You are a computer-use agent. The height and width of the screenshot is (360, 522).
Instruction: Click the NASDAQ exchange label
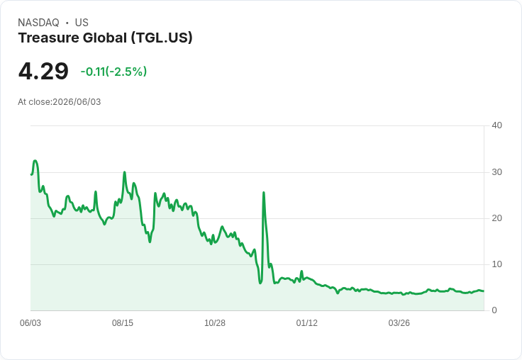point(38,23)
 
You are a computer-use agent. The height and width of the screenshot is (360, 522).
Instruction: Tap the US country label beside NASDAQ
point(82,23)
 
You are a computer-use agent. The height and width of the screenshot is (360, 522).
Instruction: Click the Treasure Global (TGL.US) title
point(105,38)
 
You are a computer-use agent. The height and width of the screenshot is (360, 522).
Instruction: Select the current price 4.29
point(43,71)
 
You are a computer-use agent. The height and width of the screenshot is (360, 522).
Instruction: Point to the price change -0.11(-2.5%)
point(113,72)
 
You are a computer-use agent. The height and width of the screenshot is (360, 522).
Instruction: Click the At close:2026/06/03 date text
point(60,102)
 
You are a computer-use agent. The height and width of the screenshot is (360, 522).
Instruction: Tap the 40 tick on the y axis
point(496,125)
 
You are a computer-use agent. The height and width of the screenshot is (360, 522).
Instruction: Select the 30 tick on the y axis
point(496,172)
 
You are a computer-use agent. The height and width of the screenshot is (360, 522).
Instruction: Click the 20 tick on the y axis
point(496,218)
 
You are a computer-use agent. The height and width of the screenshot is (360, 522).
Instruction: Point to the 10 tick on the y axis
point(496,264)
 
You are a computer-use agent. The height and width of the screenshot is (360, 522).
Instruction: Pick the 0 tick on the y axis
point(494,310)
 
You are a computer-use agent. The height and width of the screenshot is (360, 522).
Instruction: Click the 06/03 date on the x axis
point(30,323)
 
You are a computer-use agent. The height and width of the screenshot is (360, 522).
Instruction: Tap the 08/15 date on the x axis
point(123,323)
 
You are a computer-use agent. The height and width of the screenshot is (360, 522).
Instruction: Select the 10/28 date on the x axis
point(215,323)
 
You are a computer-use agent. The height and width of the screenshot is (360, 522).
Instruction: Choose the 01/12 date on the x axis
point(307,323)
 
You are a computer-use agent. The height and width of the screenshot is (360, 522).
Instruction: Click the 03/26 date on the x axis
point(399,323)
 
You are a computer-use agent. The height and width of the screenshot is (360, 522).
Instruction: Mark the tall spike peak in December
point(264,192)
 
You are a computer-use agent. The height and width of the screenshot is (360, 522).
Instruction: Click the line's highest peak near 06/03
point(35,161)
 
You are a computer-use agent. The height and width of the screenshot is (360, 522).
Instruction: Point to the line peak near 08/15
point(125,172)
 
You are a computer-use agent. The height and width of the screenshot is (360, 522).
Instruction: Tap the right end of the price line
point(484,291)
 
